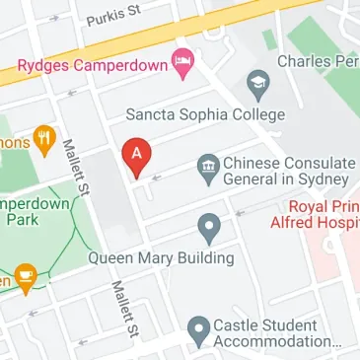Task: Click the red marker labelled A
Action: click(137, 157)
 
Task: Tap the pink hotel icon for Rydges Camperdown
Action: click(181, 65)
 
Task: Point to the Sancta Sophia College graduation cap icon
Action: click(258, 82)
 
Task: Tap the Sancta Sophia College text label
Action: click(205, 114)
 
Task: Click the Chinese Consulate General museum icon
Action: click(207, 165)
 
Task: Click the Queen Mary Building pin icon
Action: click(208, 229)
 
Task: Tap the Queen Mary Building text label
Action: click(161, 258)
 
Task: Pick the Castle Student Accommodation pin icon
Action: click(199, 330)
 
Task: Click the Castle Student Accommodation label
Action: click(278, 334)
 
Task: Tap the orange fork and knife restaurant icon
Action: click(43, 139)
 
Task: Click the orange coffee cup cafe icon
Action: click(26, 278)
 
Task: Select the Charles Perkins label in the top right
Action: click(318, 61)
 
